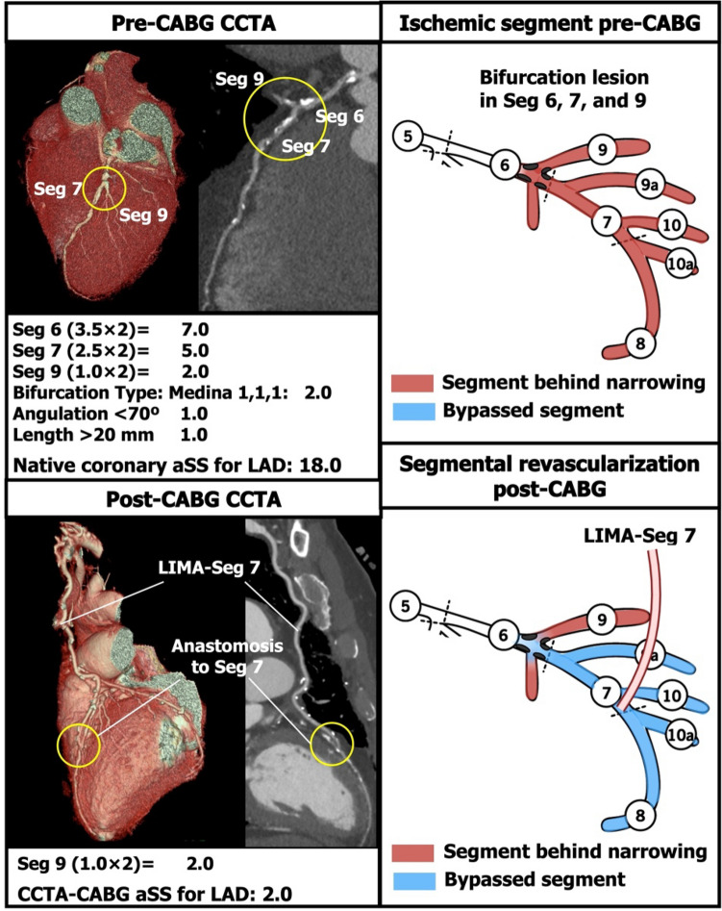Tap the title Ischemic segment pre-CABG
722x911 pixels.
tap(550, 21)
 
